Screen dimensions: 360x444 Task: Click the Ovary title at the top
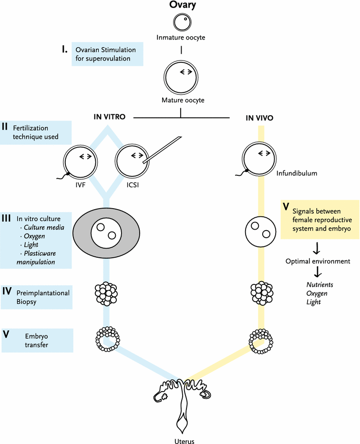(x=183, y=5)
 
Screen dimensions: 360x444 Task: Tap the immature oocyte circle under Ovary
(x=182, y=22)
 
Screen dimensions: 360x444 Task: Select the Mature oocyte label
(x=183, y=100)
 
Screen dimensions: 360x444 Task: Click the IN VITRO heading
(x=109, y=117)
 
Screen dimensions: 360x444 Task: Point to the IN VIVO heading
(x=259, y=118)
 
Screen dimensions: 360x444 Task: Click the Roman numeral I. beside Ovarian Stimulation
(x=65, y=49)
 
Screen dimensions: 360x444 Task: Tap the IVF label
(x=81, y=185)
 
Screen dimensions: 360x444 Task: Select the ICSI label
(x=133, y=185)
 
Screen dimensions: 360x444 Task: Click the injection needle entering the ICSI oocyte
(x=162, y=150)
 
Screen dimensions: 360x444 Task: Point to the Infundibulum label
(x=297, y=173)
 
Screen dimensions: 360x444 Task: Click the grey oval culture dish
(x=106, y=233)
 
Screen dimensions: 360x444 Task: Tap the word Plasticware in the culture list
(x=40, y=253)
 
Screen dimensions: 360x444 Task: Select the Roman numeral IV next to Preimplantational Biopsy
(x=7, y=291)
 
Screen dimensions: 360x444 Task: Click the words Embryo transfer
(x=36, y=340)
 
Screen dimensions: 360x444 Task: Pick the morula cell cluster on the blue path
(x=106, y=293)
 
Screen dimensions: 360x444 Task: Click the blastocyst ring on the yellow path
(x=261, y=341)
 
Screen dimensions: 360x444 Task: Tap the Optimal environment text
(x=318, y=261)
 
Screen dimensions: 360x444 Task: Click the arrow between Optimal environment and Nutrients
(x=318, y=272)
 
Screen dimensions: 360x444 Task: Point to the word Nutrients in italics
(x=320, y=284)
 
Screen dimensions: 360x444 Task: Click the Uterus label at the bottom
(x=184, y=441)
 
